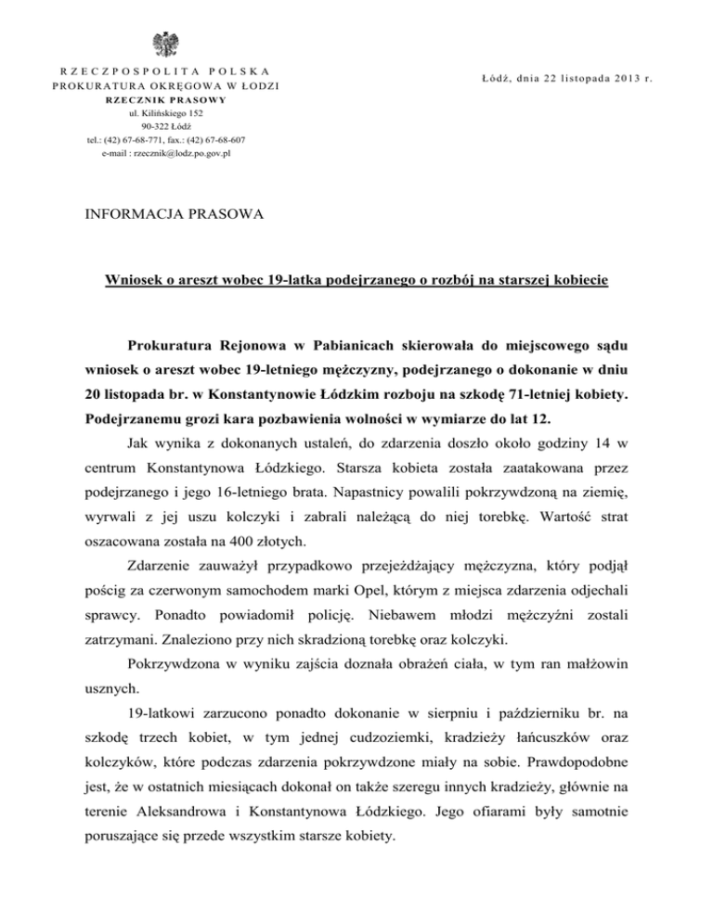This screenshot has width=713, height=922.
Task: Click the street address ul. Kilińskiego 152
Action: pos(168,113)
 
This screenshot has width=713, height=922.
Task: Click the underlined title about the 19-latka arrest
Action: pos(356,278)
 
